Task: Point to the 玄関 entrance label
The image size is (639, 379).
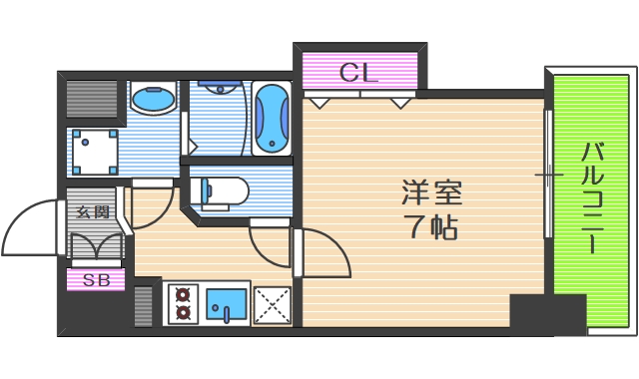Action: [93, 210]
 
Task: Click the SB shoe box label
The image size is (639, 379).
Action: [96, 280]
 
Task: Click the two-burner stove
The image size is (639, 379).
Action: [183, 303]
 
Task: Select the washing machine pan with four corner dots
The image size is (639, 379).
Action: [95, 151]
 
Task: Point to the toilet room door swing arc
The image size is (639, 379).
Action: [268, 244]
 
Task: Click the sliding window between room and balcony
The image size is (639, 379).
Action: [547, 175]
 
